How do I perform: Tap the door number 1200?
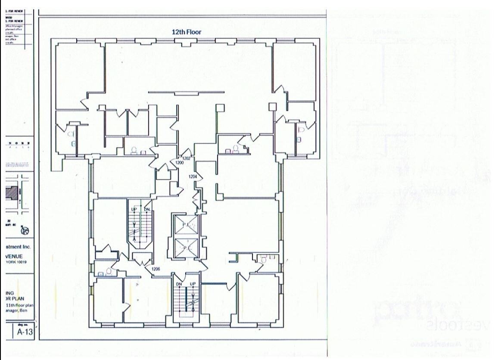tap(180, 163)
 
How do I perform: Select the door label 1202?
tap(186, 158)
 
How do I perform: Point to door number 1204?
tap(193, 176)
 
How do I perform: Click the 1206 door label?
tap(156, 269)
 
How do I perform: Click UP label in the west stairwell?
tap(134, 209)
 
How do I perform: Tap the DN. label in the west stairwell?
tap(146, 209)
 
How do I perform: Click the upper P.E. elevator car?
tap(185, 225)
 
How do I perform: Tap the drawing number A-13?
tap(24, 332)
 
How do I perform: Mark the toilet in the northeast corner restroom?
tap(302, 129)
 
